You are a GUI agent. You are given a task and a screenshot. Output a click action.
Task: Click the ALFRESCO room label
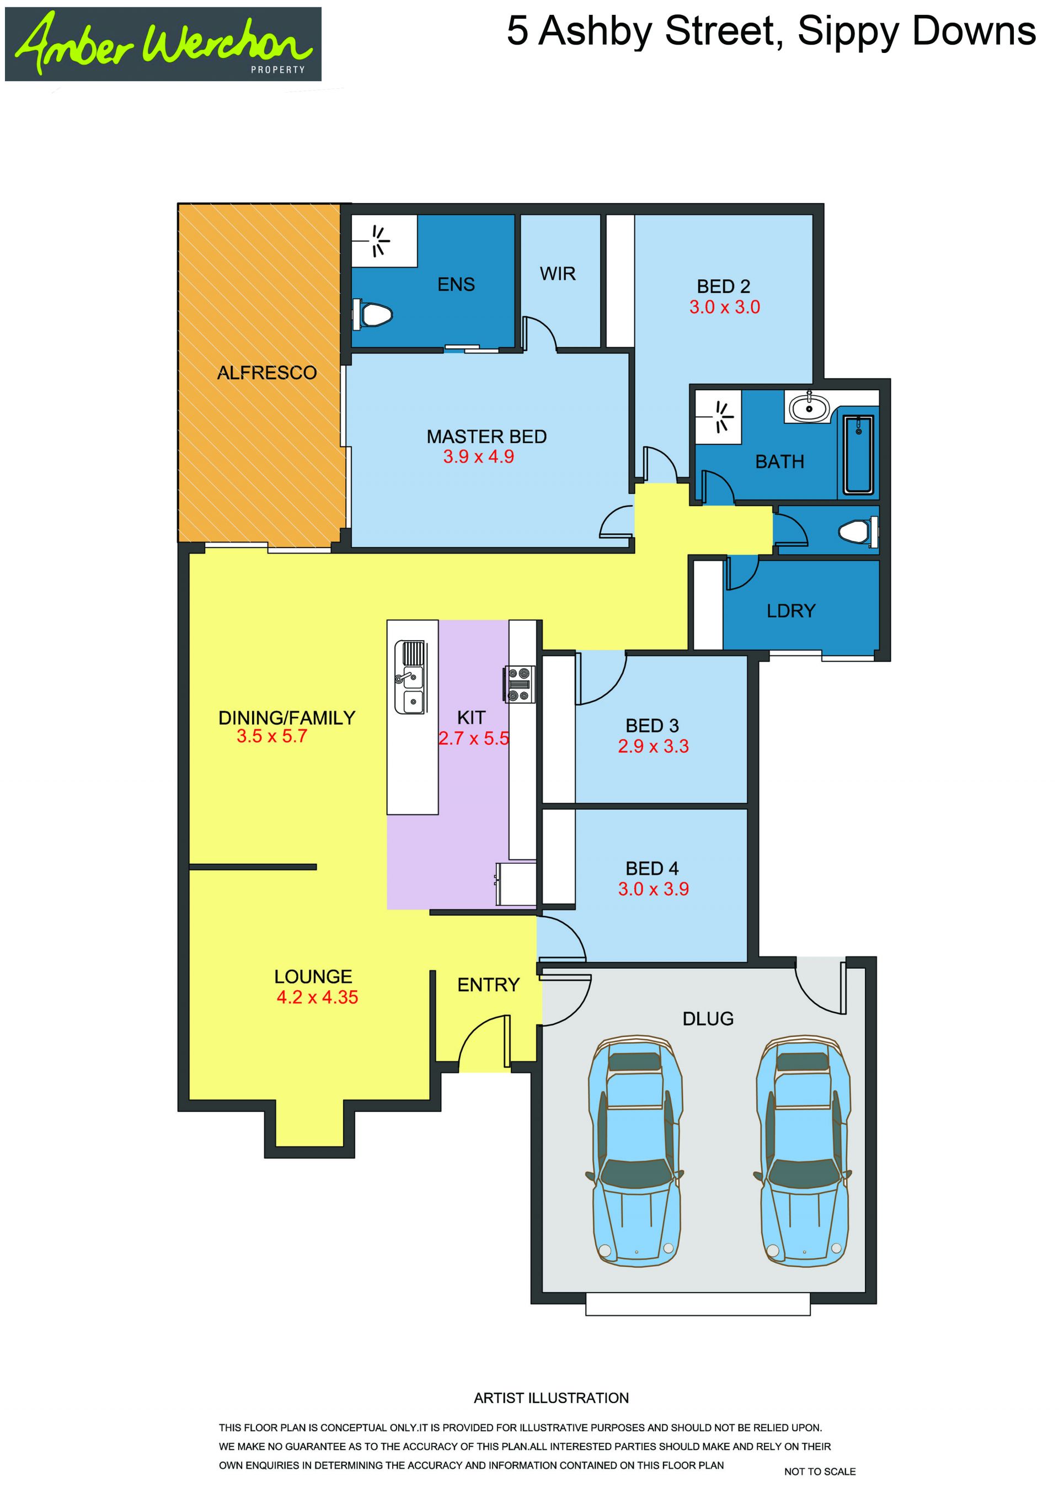(267, 373)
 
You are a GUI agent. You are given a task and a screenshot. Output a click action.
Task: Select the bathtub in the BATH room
(858, 454)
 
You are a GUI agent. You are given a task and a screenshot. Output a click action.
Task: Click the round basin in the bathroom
(809, 408)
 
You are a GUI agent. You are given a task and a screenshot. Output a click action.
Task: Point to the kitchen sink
(409, 677)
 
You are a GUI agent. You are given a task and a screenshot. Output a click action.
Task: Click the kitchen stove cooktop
(520, 684)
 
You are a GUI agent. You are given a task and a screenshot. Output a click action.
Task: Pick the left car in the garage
(635, 1150)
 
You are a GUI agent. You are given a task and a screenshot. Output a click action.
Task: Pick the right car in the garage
(803, 1150)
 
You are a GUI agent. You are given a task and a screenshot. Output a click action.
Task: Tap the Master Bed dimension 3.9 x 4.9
(478, 456)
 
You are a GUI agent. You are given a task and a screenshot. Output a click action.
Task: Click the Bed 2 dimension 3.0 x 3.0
(724, 307)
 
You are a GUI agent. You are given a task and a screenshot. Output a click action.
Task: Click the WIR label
(558, 274)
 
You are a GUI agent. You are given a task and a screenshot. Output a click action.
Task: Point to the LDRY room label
(791, 611)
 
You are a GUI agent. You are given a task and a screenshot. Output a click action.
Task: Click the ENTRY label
(488, 985)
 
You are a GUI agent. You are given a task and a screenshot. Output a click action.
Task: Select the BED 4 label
(652, 868)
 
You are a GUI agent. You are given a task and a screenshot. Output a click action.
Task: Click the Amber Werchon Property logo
(163, 44)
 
